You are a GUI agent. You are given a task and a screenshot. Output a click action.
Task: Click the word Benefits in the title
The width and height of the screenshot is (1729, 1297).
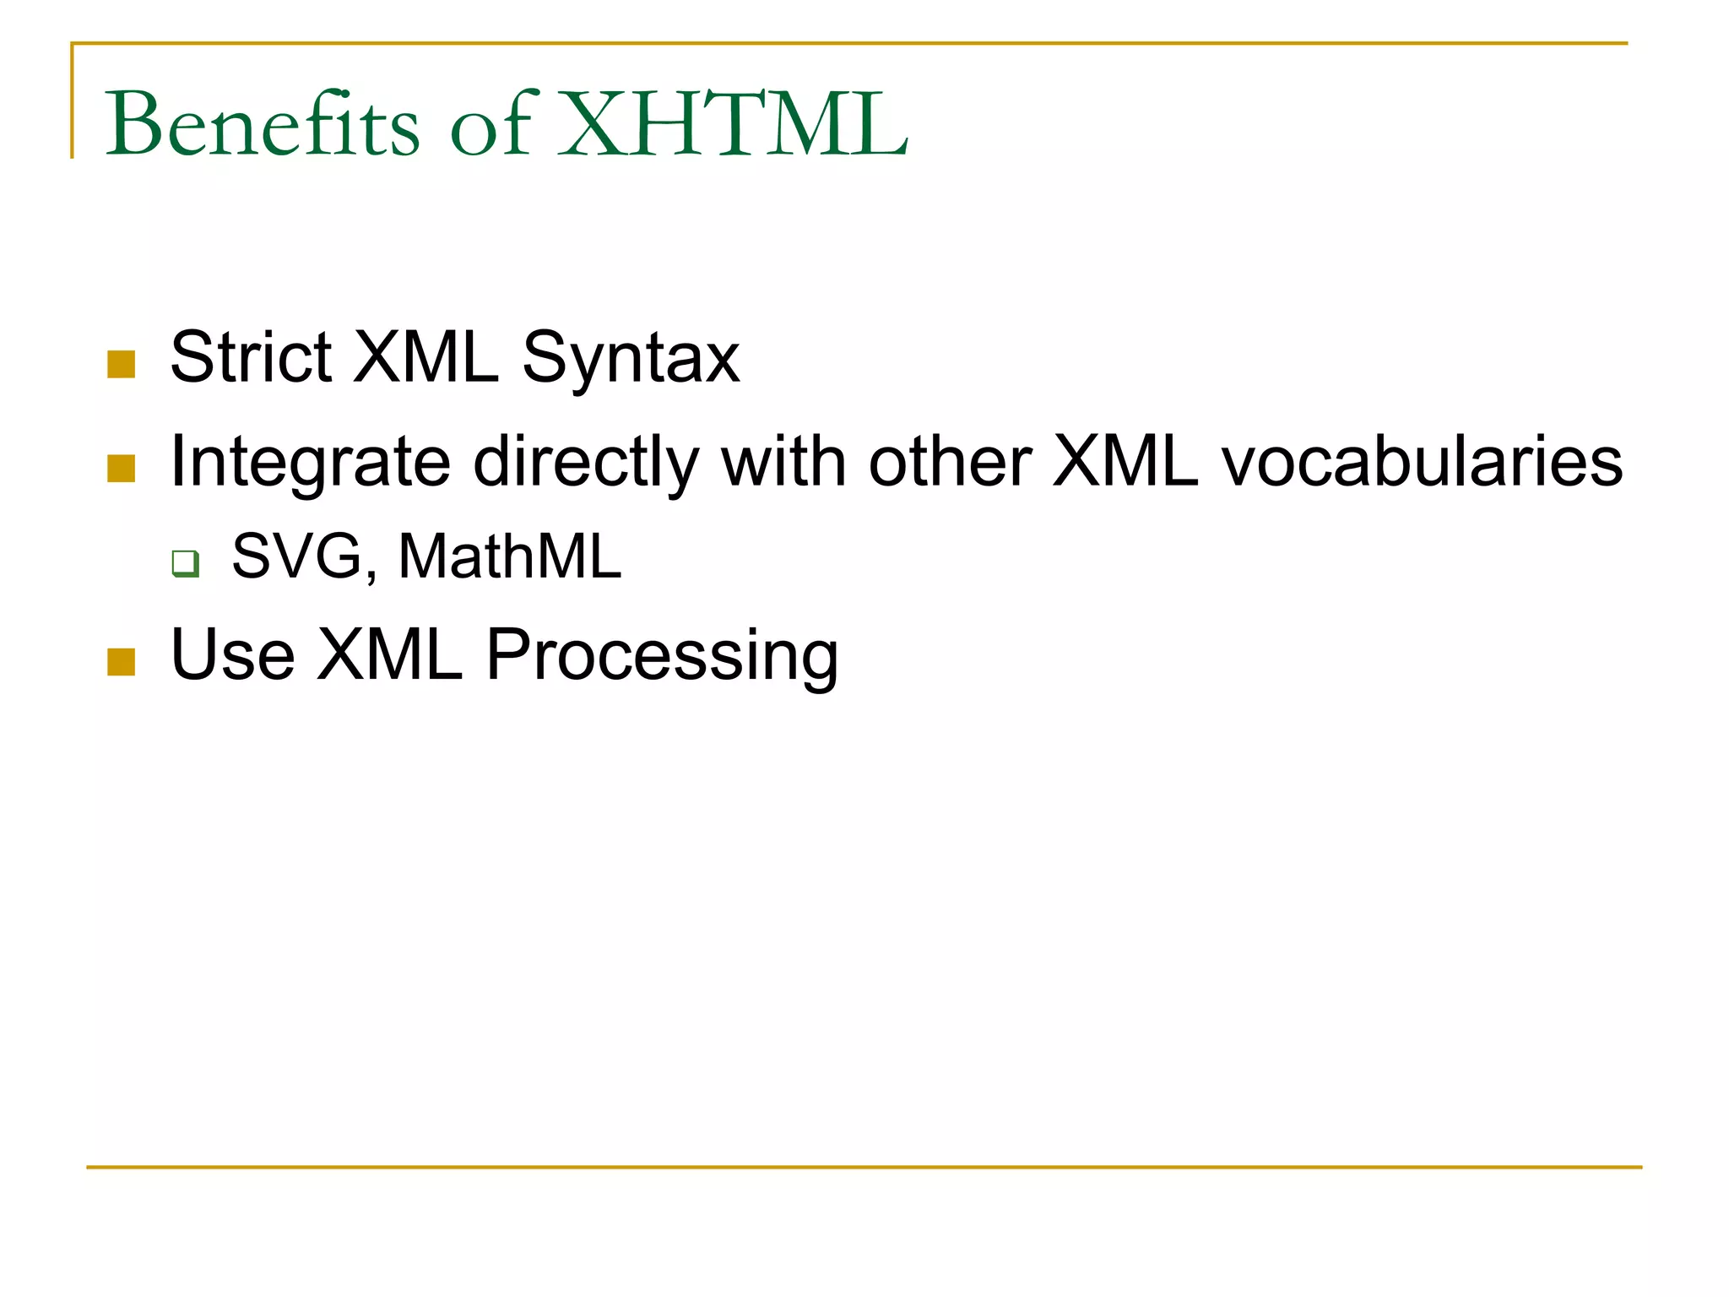click(262, 125)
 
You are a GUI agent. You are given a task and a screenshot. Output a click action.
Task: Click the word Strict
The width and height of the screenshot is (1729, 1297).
click(251, 357)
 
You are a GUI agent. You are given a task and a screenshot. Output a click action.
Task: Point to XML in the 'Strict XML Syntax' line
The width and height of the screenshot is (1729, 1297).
click(425, 357)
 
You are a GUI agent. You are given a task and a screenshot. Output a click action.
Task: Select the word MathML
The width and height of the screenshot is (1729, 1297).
click(509, 556)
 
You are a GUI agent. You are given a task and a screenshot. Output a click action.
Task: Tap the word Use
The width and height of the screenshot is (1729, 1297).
click(232, 654)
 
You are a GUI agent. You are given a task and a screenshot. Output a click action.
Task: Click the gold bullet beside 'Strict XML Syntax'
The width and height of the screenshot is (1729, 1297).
click(122, 365)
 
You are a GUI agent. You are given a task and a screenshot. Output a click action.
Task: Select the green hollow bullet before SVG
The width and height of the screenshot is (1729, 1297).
click(185, 563)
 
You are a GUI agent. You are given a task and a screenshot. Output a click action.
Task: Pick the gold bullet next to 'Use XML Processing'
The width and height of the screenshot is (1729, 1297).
click(122, 662)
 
